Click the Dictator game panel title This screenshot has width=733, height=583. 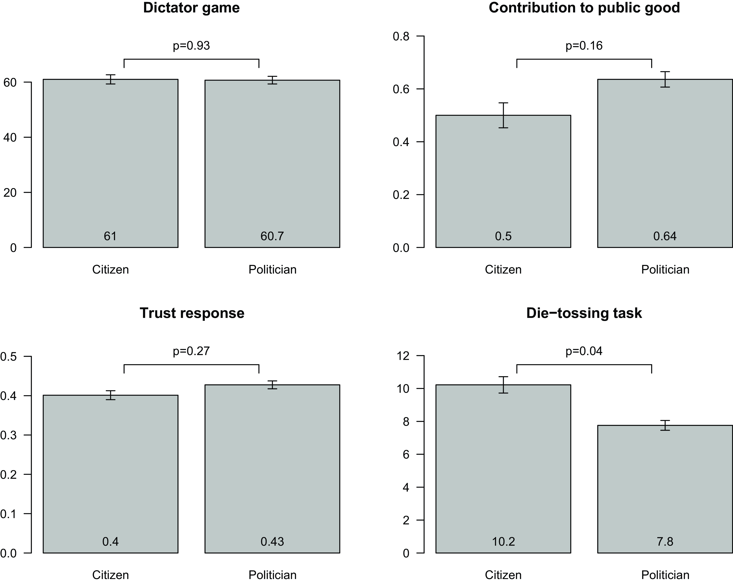[x=191, y=8]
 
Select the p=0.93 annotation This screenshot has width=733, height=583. [x=191, y=46]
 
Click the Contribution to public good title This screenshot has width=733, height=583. [x=584, y=8]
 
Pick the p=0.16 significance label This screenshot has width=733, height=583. [x=584, y=46]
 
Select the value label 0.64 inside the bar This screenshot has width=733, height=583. [x=665, y=236]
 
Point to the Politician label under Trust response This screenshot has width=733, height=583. [x=272, y=575]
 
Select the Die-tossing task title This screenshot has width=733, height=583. [x=584, y=313]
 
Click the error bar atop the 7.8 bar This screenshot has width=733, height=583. [x=665, y=425]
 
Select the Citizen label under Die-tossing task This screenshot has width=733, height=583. [x=503, y=575]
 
